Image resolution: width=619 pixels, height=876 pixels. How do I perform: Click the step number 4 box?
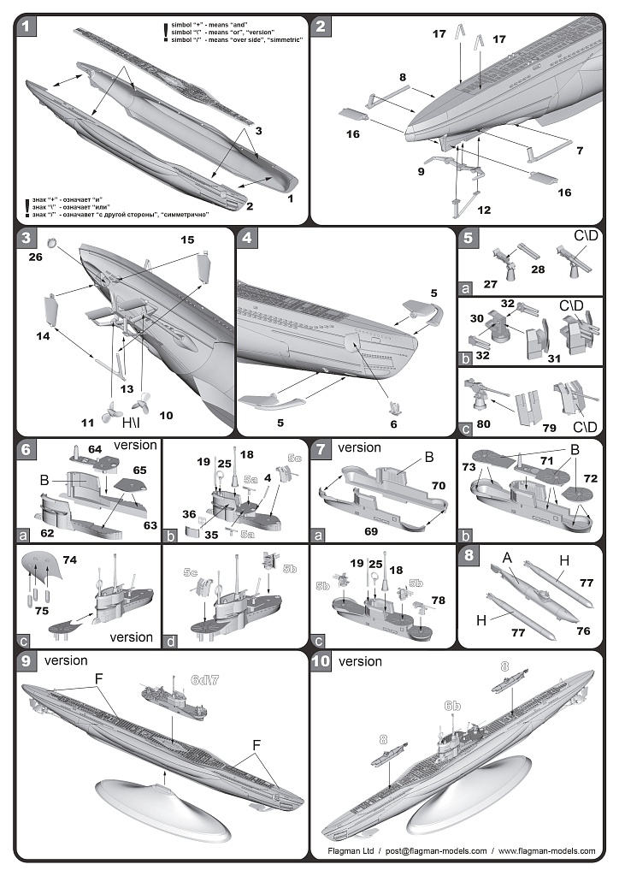coord(247,239)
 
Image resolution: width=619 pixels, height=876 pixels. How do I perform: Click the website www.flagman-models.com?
coord(546,851)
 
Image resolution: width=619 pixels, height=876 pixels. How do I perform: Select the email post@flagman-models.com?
coord(435,851)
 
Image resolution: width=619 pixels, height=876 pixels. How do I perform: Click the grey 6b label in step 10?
coord(452,706)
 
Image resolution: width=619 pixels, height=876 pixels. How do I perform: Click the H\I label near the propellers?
coord(133,422)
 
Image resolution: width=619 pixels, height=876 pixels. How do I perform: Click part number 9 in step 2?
coord(421,171)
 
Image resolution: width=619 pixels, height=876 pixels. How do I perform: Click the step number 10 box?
coord(321,661)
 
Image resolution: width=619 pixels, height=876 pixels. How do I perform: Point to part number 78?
coord(439,601)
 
